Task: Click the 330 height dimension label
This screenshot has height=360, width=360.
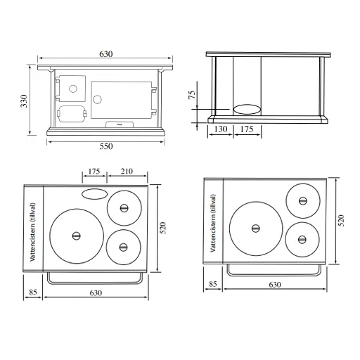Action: tap(25, 101)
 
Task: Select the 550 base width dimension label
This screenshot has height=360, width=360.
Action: tap(106, 146)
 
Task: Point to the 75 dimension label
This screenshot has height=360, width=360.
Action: tap(192, 94)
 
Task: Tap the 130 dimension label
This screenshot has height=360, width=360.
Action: tap(221, 129)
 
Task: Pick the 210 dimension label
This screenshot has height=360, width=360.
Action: tap(127, 172)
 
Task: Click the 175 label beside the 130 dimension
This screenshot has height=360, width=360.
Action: tap(247, 129)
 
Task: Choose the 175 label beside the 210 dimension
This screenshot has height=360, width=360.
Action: tap(94, 172)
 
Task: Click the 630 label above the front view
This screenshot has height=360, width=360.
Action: tap(106, 54)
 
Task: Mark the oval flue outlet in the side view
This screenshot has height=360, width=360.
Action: tap(247, 110)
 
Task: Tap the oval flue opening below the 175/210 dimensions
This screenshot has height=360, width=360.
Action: tap(95, 194)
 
